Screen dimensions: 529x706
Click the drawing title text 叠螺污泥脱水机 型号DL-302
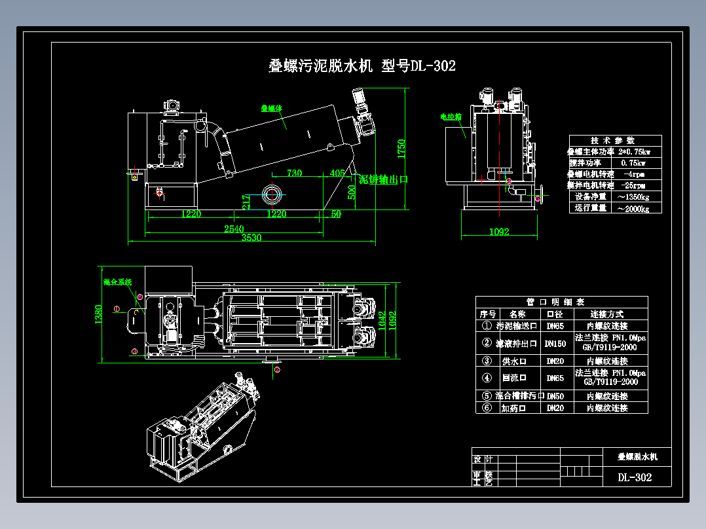[x=362, y=65]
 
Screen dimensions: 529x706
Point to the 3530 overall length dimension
[x=251, y=238]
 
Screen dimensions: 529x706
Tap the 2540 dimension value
[x=234, y=228]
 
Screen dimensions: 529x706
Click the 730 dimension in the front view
[x=294, y=173]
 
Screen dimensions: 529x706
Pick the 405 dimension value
[x=337, y=173]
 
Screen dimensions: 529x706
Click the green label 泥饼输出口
[x=383, y=179]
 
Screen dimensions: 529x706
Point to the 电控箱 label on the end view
[x=451, y=117]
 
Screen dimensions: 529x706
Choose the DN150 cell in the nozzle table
[x=555, y=343]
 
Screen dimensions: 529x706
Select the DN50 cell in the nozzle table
[x=555, y=396]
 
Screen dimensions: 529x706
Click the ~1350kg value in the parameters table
[x=632, y=196]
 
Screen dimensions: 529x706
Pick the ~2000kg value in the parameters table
[x=632, y=208]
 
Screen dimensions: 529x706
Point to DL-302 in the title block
[x=635, y=477]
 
